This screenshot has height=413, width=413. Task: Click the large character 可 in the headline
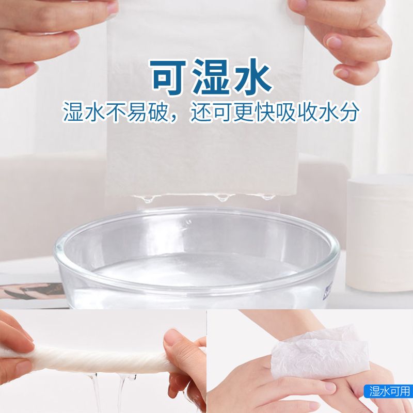tap(169, 76)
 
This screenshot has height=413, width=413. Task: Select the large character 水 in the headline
tap(253, 76)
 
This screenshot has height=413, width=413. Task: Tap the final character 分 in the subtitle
tap(350, 112)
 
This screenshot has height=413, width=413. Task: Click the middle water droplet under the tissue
tap(223, 198)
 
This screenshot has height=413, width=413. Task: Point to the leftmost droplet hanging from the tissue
tap(148, 199)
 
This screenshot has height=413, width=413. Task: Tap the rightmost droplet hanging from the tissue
tap(268, 197)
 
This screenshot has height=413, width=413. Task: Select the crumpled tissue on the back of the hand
tap(319, 352)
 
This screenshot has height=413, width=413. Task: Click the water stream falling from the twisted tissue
tap(96, 392)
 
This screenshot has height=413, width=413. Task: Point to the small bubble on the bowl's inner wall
tap(188, 222)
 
